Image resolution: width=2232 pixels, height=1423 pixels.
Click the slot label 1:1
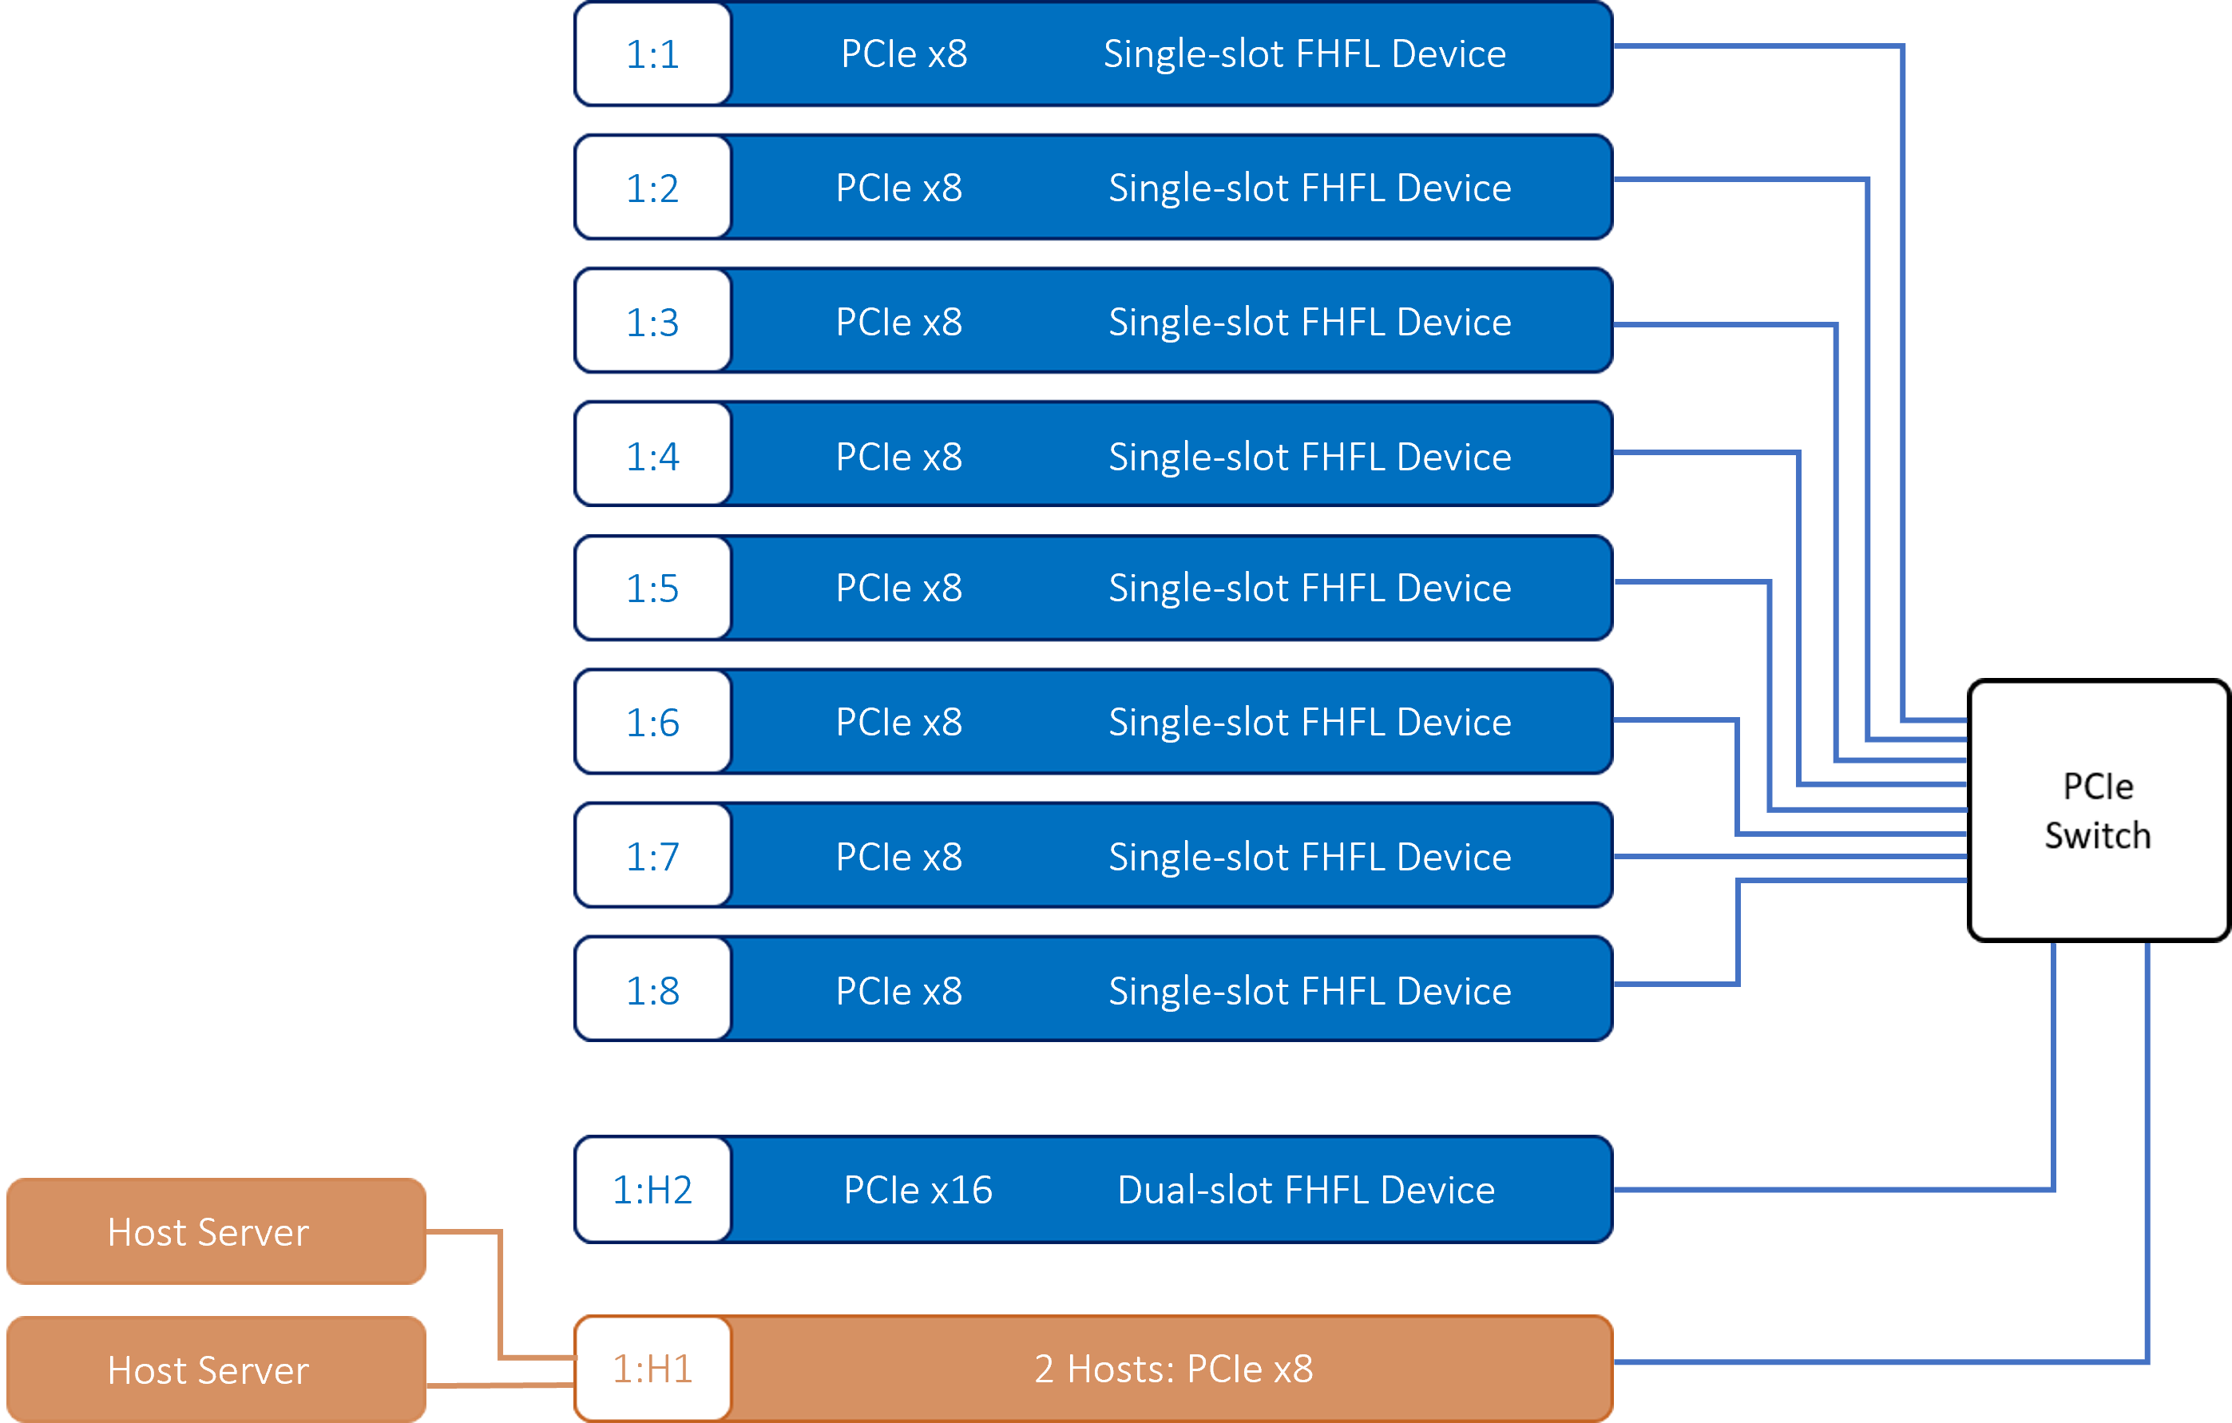(x=652, y=54)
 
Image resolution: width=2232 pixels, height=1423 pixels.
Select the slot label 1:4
(x=652, y=456)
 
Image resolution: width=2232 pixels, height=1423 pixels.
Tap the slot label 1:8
(x=652, y=990)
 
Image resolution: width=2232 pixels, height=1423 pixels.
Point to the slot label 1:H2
(x=652, y=1189)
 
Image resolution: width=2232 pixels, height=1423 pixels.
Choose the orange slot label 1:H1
(x=652, y=1369)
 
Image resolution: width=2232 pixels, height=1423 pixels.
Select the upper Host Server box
(x=216, y=1231)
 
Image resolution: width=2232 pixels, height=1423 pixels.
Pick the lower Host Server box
(x=216, y=1369)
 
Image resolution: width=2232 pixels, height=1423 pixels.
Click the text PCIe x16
(x=918, y=1189)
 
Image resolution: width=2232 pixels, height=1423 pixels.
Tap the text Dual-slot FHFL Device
(x=1306, y=1189)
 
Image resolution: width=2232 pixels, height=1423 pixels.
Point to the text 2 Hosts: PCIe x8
(x=1173, y=1369)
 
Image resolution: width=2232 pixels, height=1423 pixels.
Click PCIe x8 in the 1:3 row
(x=899, y=322)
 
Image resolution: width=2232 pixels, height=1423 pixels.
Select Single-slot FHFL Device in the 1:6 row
(x=1310, y=721)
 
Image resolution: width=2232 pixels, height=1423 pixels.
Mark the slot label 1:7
(x=652, y=856)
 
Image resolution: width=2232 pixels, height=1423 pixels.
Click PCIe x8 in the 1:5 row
(x=899, y=588)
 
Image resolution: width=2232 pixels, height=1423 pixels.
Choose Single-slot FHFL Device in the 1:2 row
(x=1310, y=188)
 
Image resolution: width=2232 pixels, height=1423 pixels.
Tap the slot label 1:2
(x=652, y=188)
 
